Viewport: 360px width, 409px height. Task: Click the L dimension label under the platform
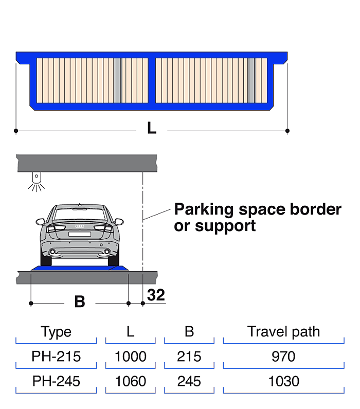[x=152, y=128]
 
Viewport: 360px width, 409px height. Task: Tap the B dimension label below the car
[x=80, y=301]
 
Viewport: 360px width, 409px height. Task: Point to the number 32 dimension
[x=156, y=295]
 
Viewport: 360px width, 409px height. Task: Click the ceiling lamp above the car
[x=37, y=182]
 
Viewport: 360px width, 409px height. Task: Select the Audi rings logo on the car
[x=80, y=226]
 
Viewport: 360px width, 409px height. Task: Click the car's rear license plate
[x=80, y=234]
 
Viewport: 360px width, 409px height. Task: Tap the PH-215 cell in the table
[x=56, y=357]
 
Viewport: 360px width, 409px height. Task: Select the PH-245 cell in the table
[x=56, y=381]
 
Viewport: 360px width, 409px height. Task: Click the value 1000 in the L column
[x=131, y=357]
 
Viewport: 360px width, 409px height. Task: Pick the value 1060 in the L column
[x=131, y=381]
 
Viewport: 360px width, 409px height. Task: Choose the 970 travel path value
[x=283, y=357]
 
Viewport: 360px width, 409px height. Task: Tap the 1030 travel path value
[x=283, y=381]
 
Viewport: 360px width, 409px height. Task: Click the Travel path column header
[x=283, y=332]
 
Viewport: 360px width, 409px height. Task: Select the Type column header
[x=56, y=332]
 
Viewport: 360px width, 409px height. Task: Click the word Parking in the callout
[x=204, y=210]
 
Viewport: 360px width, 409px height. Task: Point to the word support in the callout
[x=225, y=226]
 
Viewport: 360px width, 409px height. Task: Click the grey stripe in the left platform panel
[x=118, y=80]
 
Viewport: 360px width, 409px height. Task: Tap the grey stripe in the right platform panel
[x=251, y=80]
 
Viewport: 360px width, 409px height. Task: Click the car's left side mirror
[x=41, y=222]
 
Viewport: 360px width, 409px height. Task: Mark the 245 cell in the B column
[x=189, y=381]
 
